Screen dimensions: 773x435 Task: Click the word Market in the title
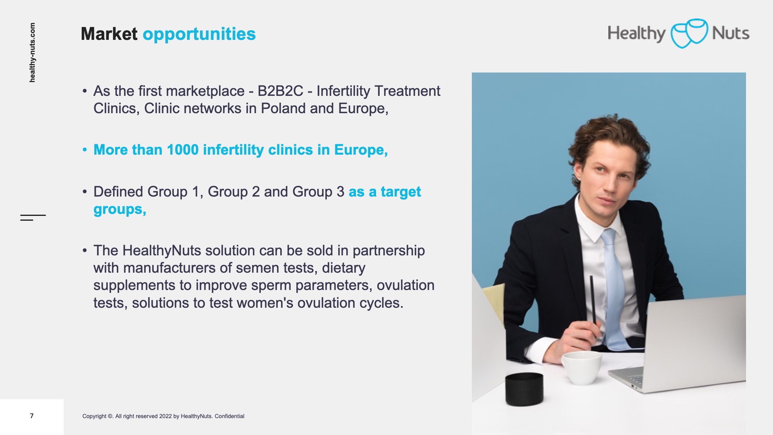109,34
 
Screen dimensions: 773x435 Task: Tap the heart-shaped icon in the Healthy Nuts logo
689,33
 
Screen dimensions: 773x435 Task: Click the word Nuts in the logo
731,33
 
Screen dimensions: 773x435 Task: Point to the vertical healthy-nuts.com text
32,52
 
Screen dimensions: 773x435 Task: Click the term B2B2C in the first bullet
280,91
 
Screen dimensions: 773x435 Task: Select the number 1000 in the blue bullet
183,150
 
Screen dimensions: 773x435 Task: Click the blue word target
401,192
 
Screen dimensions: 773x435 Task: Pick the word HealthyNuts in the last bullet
162,251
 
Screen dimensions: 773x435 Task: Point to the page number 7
32,416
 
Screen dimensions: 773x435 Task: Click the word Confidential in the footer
229,416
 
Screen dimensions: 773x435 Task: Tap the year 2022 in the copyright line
165,416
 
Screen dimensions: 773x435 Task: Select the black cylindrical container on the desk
524,389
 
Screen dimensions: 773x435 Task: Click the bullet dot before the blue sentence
85,150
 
